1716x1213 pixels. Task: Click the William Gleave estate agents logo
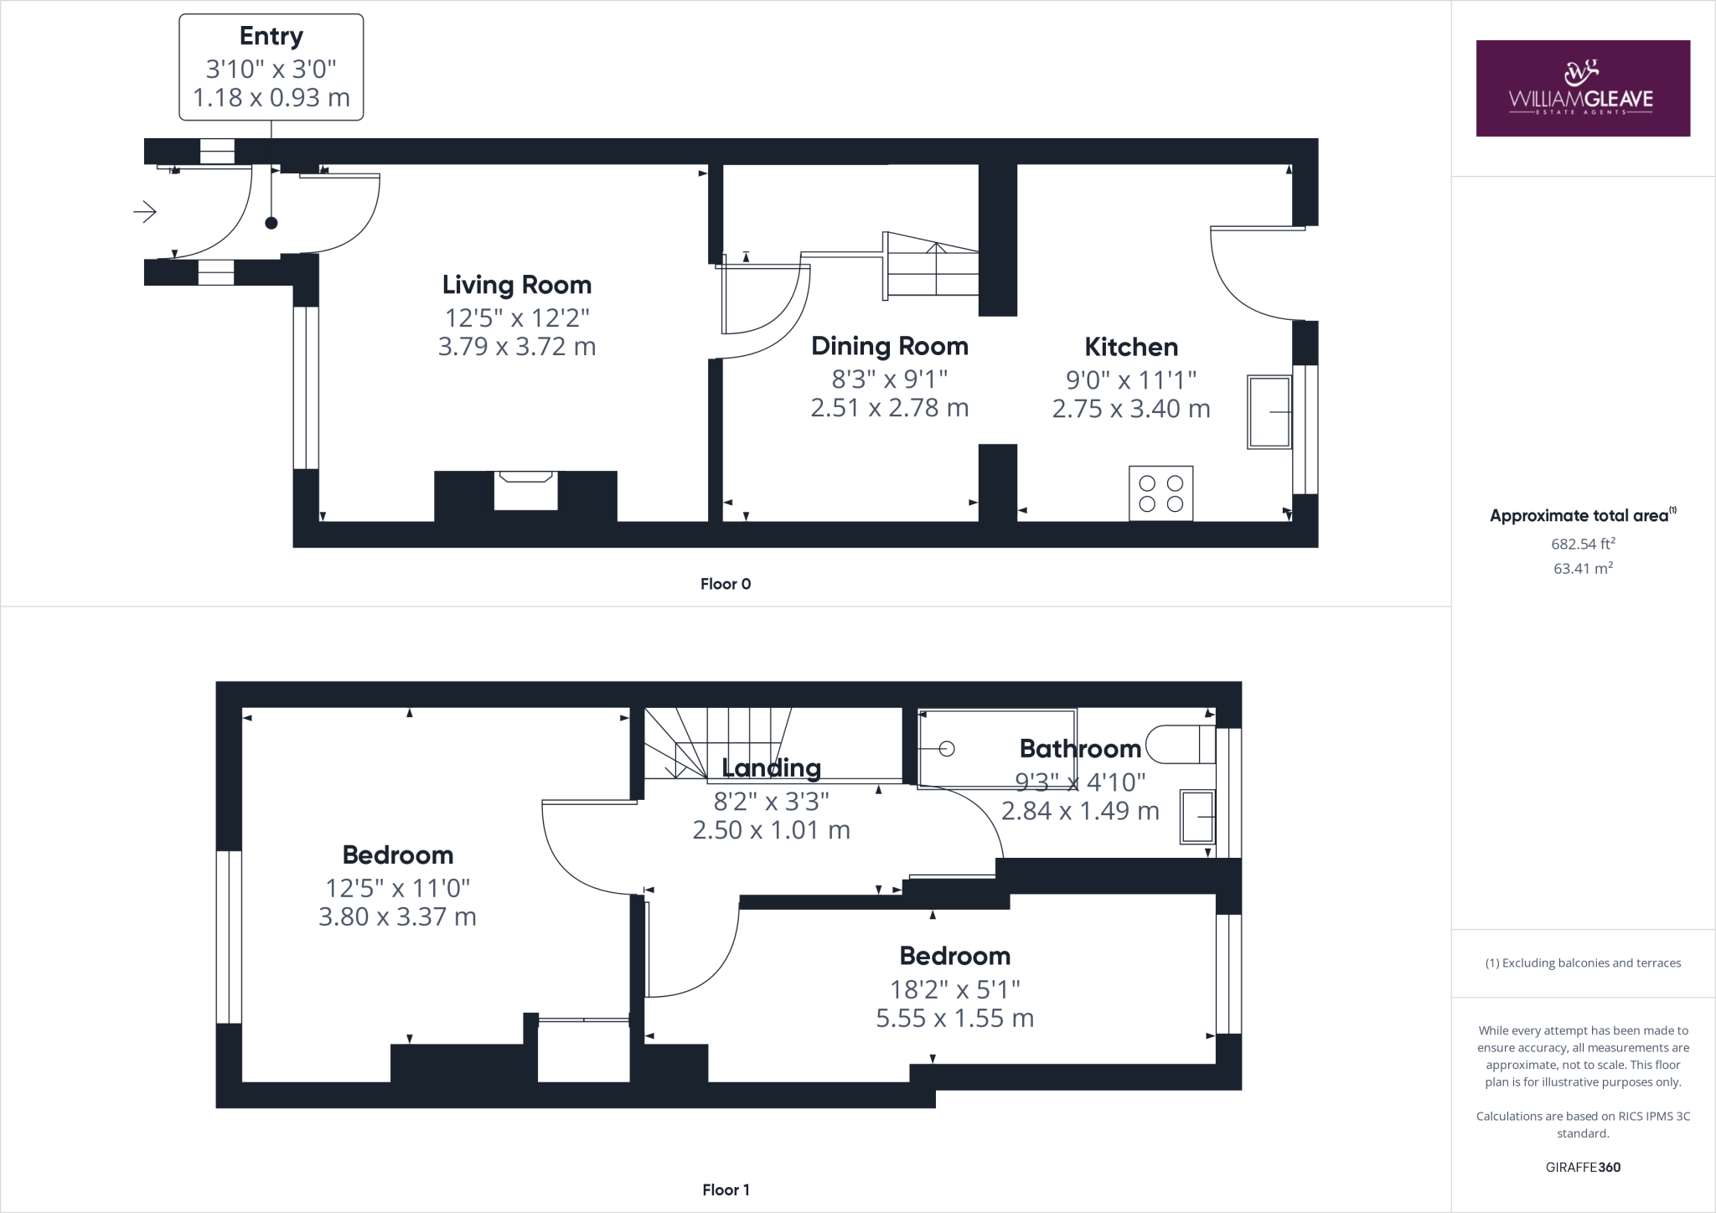(x=1583, y=88)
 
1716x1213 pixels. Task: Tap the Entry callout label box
(x=271, y=67)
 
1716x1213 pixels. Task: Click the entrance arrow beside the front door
(x=145, y=212)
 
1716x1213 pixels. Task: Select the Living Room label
(x=517, y=285)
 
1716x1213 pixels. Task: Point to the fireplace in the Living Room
(x=525, y=490)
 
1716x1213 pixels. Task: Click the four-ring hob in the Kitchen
(x=1161, y=493)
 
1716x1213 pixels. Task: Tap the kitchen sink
(x=1269, y=412)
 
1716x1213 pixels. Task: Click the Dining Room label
(x=890, y=346)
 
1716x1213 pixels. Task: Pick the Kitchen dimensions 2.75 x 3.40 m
(x=1131, y=409)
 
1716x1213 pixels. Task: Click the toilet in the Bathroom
(x=1181, y=744)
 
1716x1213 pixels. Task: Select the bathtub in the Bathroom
(x=997, y=749)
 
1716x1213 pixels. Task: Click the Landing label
(x=771, y=768)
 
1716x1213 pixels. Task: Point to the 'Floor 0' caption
(x=726, y=584)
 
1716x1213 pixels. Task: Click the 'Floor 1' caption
(x=726, y=1190)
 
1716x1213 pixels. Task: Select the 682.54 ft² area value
(x=1583, y=544)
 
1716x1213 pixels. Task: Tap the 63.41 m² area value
(x=1583, y=569)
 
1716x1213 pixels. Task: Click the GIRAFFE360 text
(x=1583, y=1167)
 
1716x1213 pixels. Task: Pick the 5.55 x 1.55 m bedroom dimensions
(x=955, y=1019)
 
